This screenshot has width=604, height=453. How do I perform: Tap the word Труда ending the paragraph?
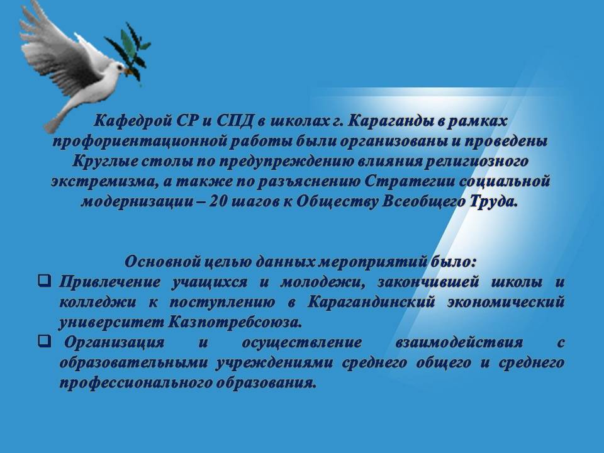point(493,202)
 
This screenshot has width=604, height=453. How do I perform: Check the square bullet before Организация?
point(44,340)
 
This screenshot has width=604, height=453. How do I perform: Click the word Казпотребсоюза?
point(235,322)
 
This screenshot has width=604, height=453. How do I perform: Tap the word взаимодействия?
point(459,342)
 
